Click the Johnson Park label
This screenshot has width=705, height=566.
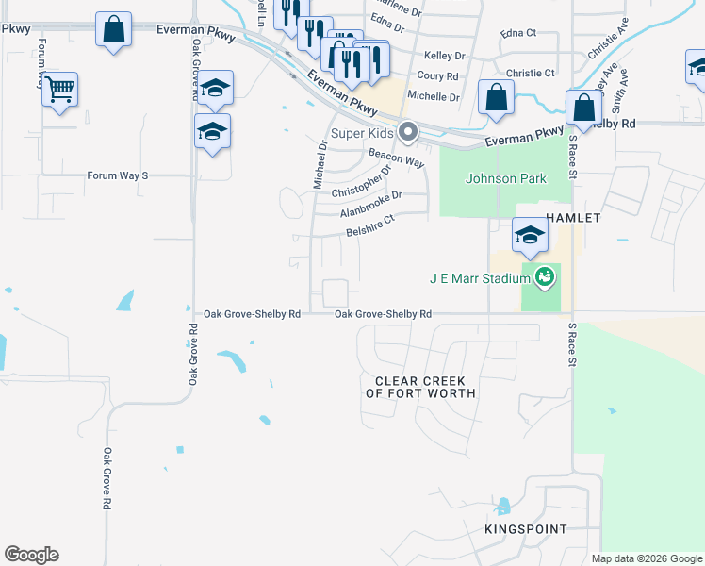click(506, 177)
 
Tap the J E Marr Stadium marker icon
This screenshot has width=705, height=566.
click(544, 277)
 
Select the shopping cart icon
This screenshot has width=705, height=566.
click(60, 91)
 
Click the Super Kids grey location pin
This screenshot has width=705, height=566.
click(408, 132)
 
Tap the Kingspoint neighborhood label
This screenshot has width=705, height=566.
click(526, 530)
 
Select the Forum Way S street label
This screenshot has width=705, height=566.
click(118, 175)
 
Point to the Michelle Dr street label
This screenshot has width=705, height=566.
click(433, 96)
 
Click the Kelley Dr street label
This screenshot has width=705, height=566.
click(445, 57)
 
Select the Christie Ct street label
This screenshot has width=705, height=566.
click(531, 73)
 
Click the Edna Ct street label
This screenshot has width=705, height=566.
click(518, 33)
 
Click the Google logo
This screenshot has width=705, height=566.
click(31, 555)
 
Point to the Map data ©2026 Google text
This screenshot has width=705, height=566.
click(648, 558)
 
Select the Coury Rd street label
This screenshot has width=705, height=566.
click(437, 76)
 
